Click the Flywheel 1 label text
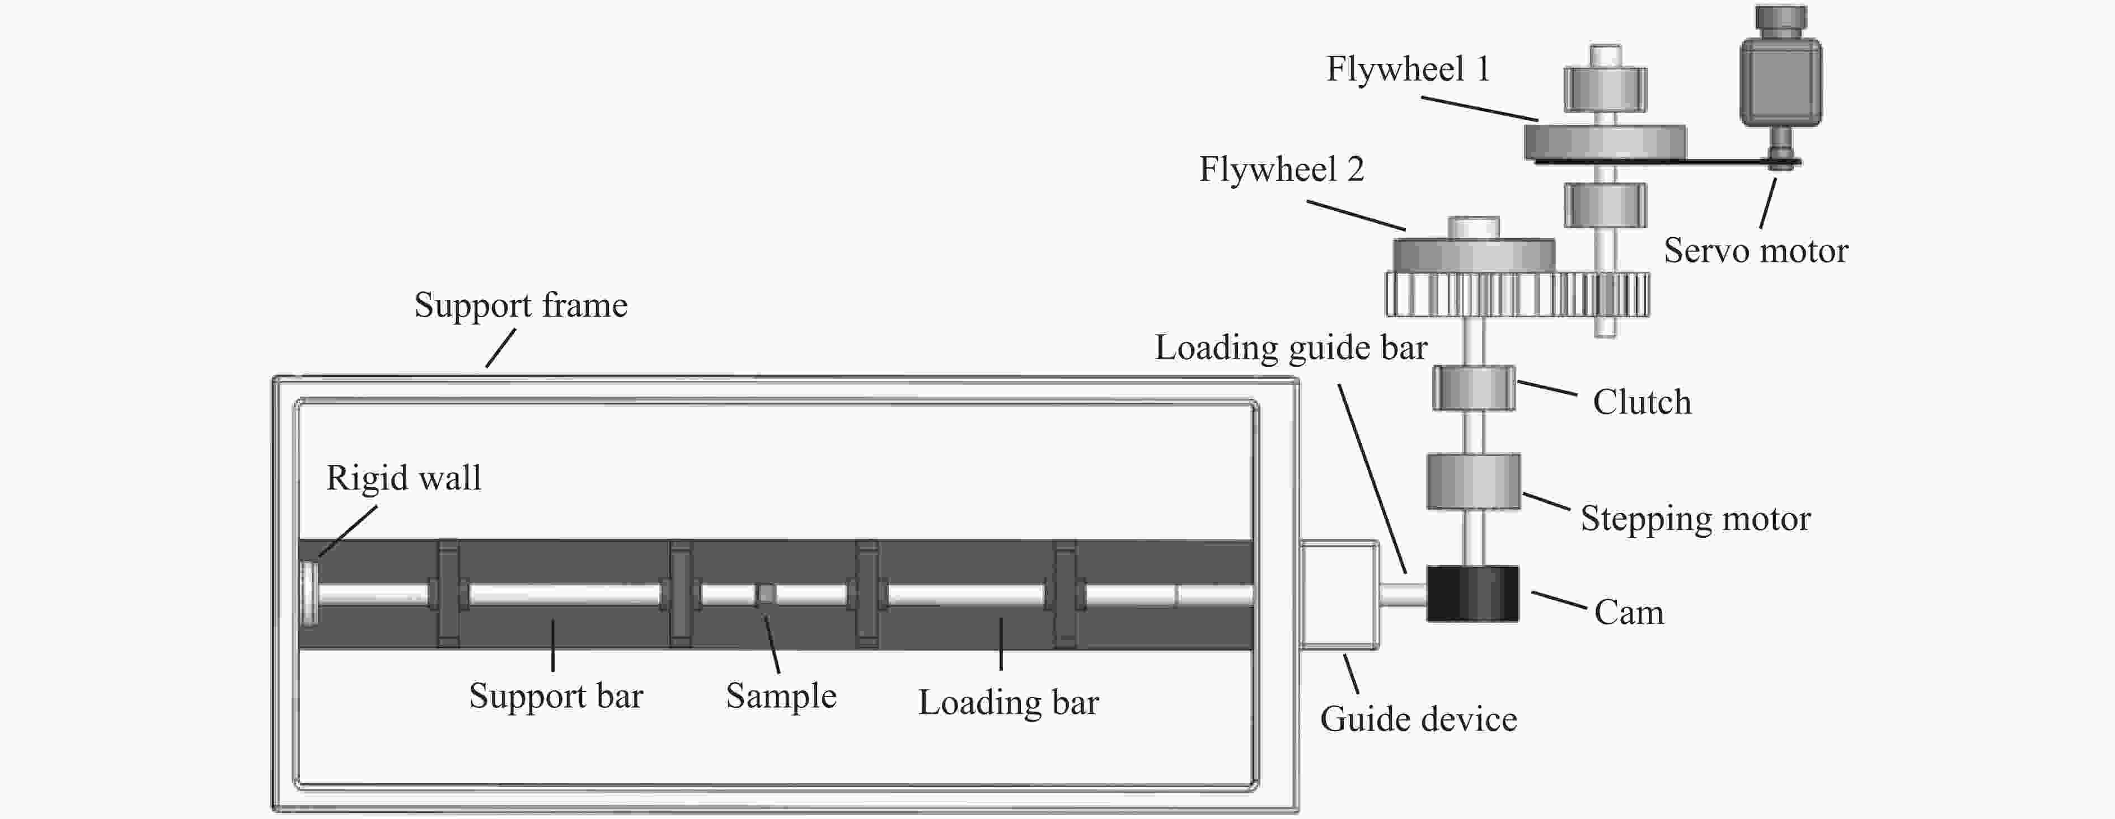pyautogui.click(x=1407, y=69)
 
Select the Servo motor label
pyautogui.click(x=1755, y=250)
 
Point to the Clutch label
pyautogui.click(x=1642, y=402)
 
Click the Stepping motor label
pyautogui.click(x=1695, y=519)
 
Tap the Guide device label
pyautogui.click(x=1418, y=719)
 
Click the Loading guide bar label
pyautogui.click(x=1291, y=348)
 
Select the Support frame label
pyautogui.click(x=520, y=305)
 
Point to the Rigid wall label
pyautogui.click(x=403, y=478)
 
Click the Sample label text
pyautogui.click(x=781, y=696)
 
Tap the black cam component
pyautogui.click(x=1472, y=594)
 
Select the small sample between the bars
pyautogui.click(x=765, y=594)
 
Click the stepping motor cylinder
pyautogui.click(x=1473, y=482)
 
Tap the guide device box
pyautogui.click(x=1338, y=594)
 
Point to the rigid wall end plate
pyautogui.click(x=309, y=594)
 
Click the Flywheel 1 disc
pyautogui.click(x=1605, y=142)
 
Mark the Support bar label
pyautogui.click(x=556, y=696)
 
